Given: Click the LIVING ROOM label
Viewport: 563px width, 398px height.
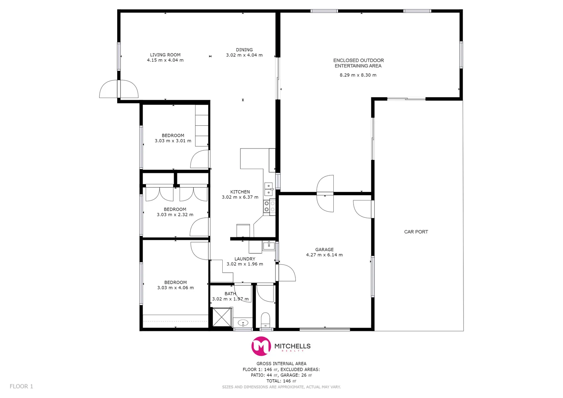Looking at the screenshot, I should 165,55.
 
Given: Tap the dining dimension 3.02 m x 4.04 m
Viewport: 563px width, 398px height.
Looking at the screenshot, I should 244,55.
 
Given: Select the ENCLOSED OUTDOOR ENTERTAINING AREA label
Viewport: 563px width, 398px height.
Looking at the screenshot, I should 358,63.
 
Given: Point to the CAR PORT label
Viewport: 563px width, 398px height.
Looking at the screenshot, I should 416,232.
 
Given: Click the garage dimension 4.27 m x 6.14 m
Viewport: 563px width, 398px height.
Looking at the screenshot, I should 324,255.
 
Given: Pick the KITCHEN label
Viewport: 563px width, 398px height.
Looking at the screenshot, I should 240,192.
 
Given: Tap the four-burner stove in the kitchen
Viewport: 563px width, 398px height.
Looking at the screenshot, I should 270,206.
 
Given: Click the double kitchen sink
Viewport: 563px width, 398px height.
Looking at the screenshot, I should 268,189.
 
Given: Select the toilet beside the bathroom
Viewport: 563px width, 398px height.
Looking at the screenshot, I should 265,320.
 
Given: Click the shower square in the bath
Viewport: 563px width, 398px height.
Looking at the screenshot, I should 222,317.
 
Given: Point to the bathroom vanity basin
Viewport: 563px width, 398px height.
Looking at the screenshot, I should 243,323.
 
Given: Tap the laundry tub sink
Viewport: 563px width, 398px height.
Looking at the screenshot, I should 269,245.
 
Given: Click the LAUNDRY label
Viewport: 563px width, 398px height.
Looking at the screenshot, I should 245,259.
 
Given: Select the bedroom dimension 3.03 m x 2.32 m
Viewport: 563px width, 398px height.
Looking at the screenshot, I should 175,215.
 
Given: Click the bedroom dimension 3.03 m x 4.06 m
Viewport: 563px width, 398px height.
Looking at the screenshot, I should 175,288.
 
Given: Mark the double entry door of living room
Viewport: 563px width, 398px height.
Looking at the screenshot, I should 119,89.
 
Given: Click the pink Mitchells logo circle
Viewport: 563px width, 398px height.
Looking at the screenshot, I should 261,346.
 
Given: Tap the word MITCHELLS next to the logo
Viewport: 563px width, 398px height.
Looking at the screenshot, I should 292,346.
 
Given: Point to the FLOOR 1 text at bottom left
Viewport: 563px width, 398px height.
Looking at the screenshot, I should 21,386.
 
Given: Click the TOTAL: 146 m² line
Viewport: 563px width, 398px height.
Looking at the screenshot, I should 281,381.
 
